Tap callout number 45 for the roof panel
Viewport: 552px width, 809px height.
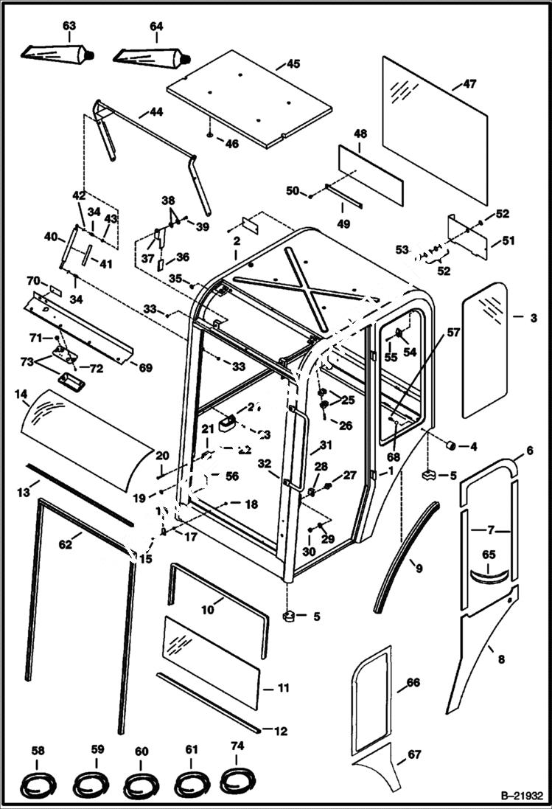[293, 64]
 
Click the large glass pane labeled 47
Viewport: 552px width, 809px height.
[435, 129]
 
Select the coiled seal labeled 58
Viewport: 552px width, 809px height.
[38, 782]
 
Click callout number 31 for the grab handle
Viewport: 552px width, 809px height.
[326, 445]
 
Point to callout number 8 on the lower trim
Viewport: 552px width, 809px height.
[501, 659]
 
